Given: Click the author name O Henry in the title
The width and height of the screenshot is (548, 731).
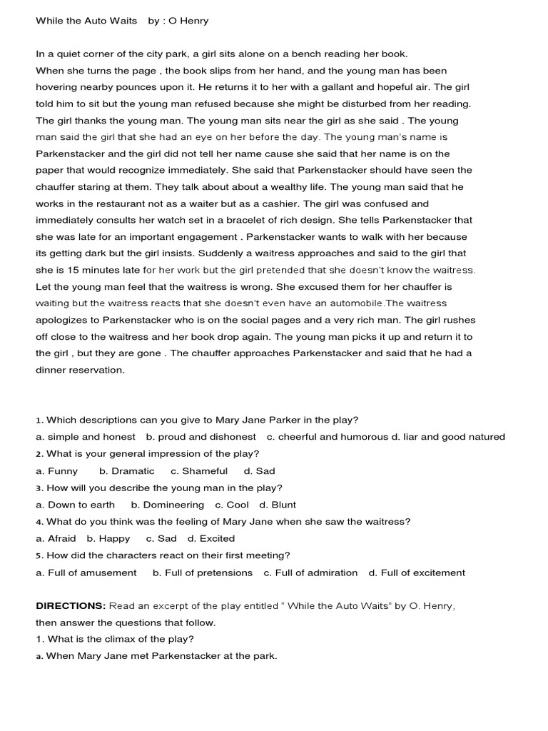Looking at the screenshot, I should click(188, 21).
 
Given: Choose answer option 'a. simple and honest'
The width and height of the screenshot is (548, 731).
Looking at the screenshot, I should click(86, 437).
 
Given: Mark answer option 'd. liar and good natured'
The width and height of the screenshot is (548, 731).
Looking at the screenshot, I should click(442, 437).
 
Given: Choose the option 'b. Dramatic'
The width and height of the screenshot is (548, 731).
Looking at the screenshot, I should click(127, 471).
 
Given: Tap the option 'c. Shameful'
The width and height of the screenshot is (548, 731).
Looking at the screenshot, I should click(199, 471).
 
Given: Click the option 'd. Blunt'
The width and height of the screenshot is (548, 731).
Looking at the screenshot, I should click(278, 505).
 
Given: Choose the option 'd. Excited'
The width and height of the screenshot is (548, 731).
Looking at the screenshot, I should click(211, 539).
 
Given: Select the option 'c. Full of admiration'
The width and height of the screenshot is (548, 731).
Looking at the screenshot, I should click(310, 573).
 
